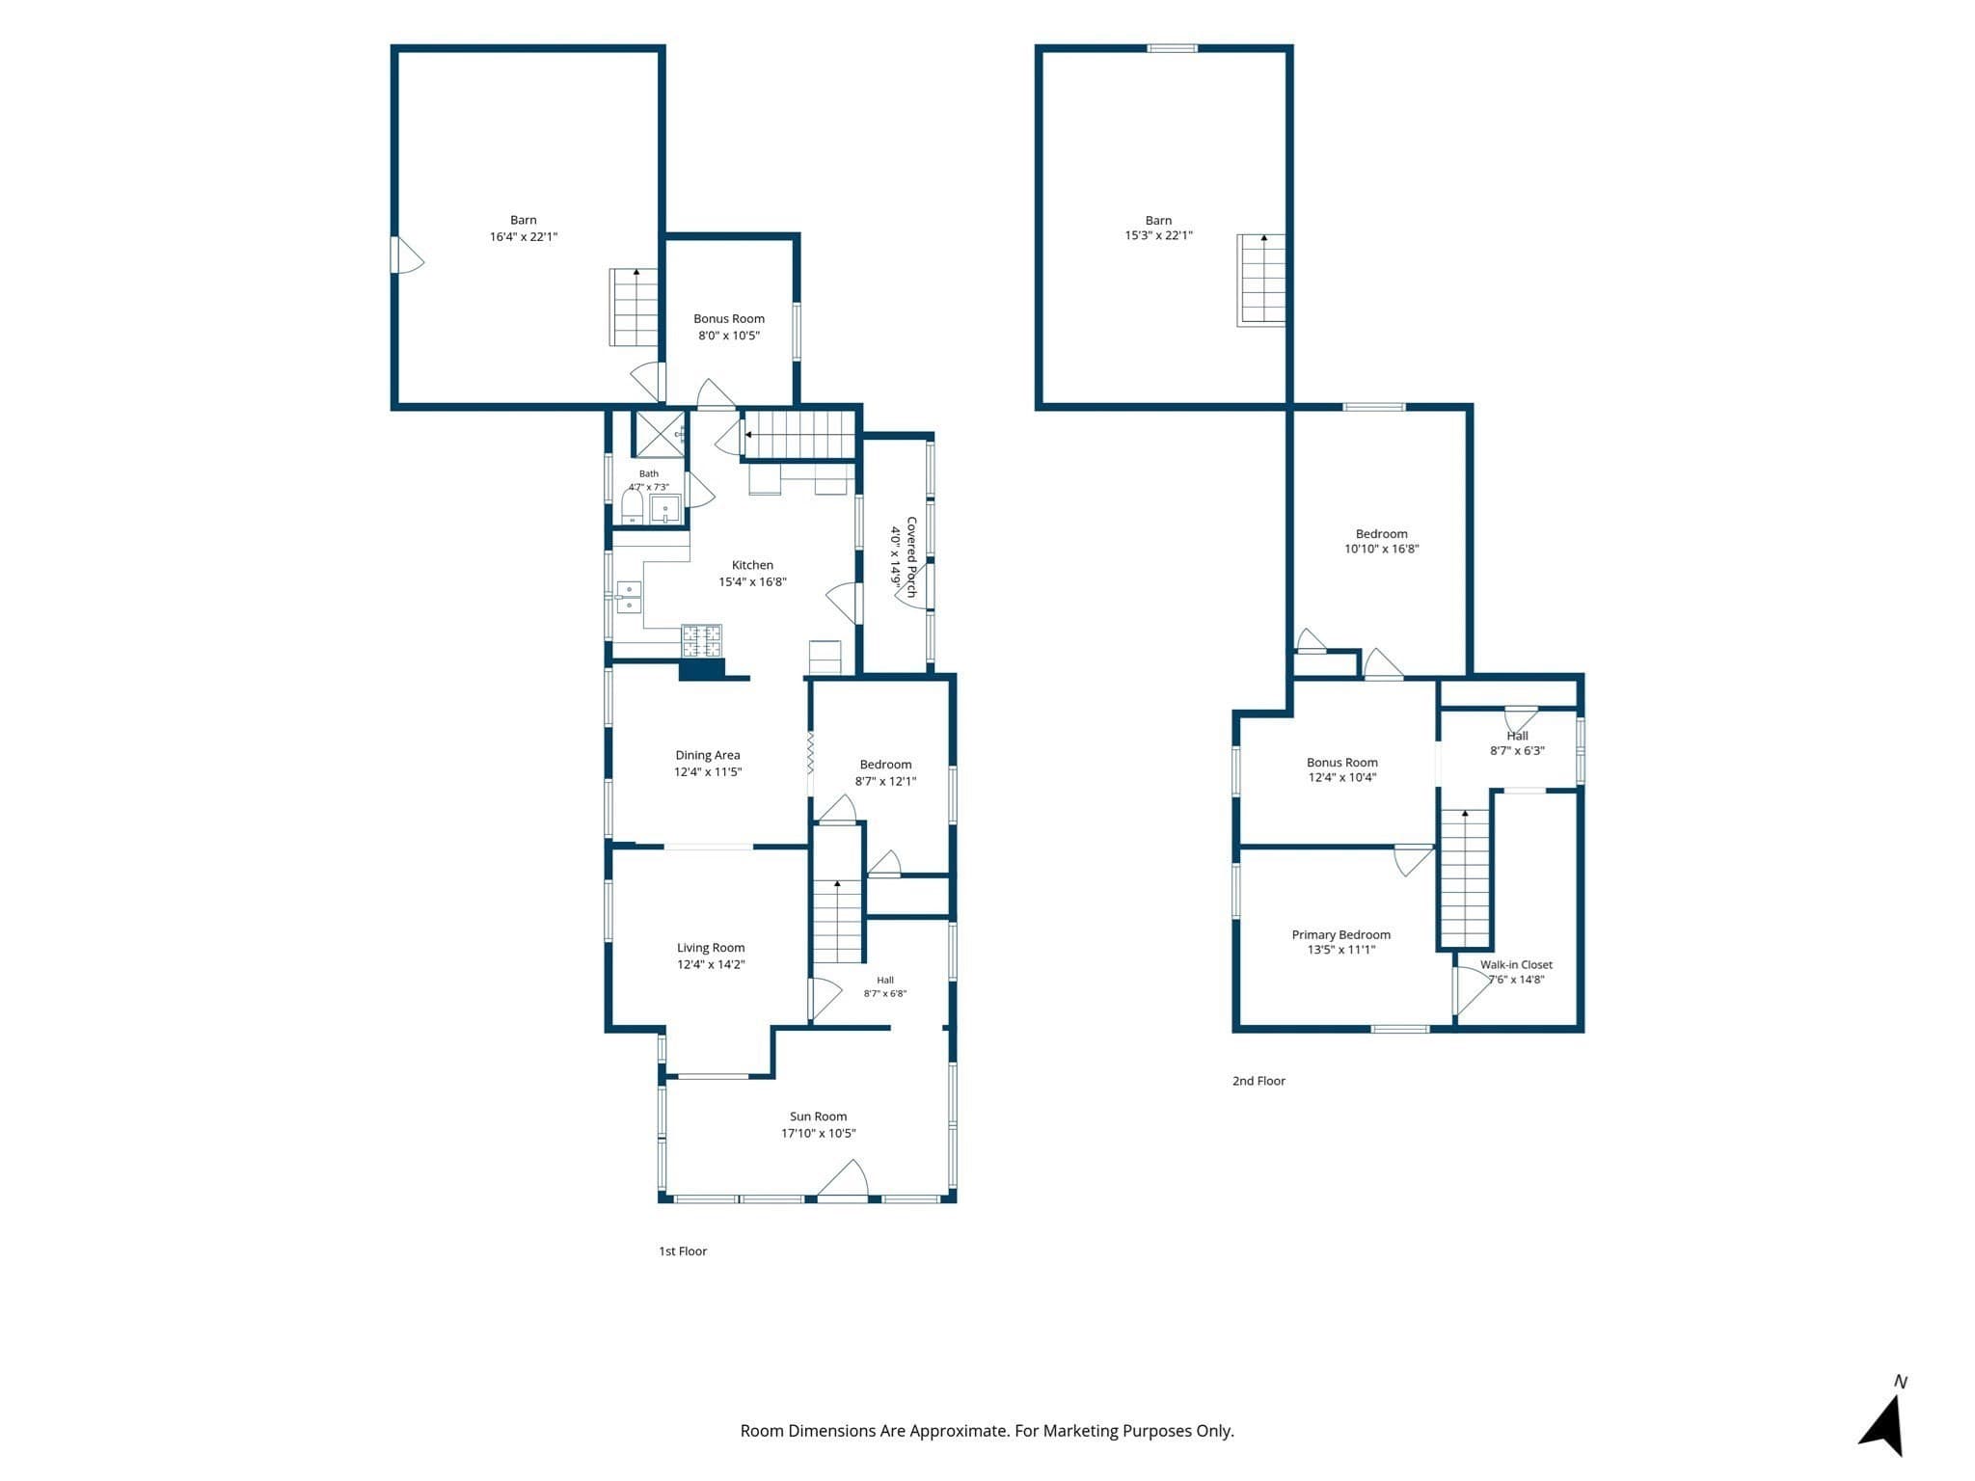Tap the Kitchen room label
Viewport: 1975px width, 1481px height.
pyautogui.click(x=752, y=565)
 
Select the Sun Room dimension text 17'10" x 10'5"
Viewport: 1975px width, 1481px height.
pyautogui.click(x=818, y=1133)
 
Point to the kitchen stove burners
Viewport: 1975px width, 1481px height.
pyautogui.click(x=702, y=640)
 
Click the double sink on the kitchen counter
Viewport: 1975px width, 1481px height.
pyautogui.click(x=629, y=597)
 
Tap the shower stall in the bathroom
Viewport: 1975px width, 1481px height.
pyautogui.click(x=658, y=434)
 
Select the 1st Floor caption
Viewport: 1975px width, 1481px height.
pyautogui.click(x=683, y=1251)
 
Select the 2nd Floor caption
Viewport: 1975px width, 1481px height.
pyautogui.click(x=1258, y=1081)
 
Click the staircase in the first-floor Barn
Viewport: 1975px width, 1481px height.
pyautogui.click(x=634, y=307)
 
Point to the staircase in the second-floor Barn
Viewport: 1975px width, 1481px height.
pyautogui.click(x=1261, y=280)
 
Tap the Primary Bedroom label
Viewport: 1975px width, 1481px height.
pyautogui.click(x=1341, y=934)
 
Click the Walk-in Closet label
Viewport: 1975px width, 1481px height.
pyautogui.click(x=1516, y=964)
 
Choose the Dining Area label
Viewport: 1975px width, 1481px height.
pyautogui.click(x=708, y=755)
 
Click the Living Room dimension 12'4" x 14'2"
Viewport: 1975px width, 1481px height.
pyautogui.click(x=711, y=964)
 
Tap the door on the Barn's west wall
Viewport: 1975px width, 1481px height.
pyautogui.click(x=406, y=255)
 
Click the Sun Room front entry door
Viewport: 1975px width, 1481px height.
pyautogui.click(x=843, y=1180)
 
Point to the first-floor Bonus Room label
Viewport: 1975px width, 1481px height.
pyautogui.click(x=729, y=318)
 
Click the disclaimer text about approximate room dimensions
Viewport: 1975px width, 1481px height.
pyautogui.click(x=987, y=1431)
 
